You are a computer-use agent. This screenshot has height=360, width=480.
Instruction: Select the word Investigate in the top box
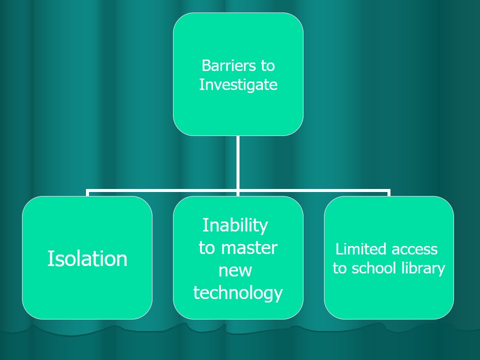238,84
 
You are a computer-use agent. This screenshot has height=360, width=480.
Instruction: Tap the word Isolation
87,258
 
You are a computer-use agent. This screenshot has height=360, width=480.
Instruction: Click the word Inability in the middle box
235,225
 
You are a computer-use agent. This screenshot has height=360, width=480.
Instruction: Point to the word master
249,248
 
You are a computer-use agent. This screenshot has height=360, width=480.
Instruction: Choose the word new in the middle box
235,270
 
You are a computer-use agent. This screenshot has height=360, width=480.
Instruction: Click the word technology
238,292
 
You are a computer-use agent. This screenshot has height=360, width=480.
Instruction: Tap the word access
414,249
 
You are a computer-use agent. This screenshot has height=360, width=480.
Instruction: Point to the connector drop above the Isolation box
87,193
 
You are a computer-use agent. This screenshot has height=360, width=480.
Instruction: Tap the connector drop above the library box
388,193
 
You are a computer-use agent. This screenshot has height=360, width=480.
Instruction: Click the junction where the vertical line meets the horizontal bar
238,190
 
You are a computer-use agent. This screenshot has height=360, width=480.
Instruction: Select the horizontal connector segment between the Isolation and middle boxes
162,190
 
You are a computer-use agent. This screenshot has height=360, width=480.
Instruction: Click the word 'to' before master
206,248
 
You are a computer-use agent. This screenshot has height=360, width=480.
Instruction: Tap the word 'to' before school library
340,268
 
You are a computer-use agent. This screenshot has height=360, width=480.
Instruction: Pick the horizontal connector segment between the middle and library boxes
313,190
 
